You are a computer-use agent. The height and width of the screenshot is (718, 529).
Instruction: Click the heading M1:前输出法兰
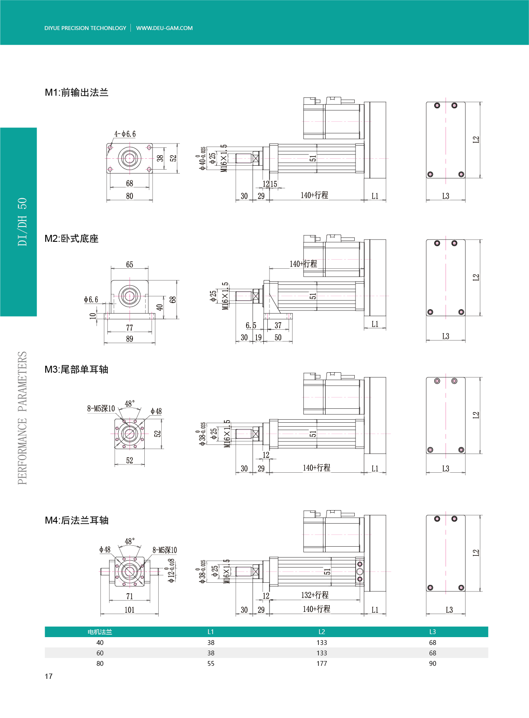click(77, 92)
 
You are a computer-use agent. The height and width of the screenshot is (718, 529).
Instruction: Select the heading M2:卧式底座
click(71, 238)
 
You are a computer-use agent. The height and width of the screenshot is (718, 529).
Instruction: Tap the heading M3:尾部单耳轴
click(77, 369)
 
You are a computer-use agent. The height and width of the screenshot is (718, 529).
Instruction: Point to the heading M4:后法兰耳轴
click(77, 520)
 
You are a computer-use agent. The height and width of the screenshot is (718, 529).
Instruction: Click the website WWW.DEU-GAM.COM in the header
click(164, 28)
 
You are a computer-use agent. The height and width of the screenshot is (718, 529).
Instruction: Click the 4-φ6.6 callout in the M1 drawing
click(125, 134)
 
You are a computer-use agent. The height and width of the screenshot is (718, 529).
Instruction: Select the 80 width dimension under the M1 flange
click(130, 196)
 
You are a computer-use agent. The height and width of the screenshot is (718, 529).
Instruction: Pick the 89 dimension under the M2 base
click(130, 339)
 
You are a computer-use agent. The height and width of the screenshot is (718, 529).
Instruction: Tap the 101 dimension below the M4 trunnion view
click(130, 610)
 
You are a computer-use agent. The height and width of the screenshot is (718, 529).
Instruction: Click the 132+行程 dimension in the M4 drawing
click(315, 595)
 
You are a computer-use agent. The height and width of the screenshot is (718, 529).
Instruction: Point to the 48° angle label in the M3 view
click(130, 404)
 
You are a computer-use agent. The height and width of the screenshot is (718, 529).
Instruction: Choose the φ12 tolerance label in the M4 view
click(171, 571)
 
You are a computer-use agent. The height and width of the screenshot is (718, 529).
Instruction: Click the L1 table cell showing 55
click(211, 664)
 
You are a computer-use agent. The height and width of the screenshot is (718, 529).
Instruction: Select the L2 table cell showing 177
click(322, 664)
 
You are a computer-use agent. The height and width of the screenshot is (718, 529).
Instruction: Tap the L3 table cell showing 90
click(433, 664)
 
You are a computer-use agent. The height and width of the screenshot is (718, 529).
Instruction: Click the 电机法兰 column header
click(100, 632)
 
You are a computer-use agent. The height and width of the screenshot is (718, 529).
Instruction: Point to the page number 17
click(48, 676)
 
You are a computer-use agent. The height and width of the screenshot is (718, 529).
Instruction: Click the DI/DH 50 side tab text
click(22, 222)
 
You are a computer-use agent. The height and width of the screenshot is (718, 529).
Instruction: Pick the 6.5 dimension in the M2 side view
click(251, 325)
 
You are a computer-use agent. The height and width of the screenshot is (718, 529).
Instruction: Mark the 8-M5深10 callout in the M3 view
click(101, 408)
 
